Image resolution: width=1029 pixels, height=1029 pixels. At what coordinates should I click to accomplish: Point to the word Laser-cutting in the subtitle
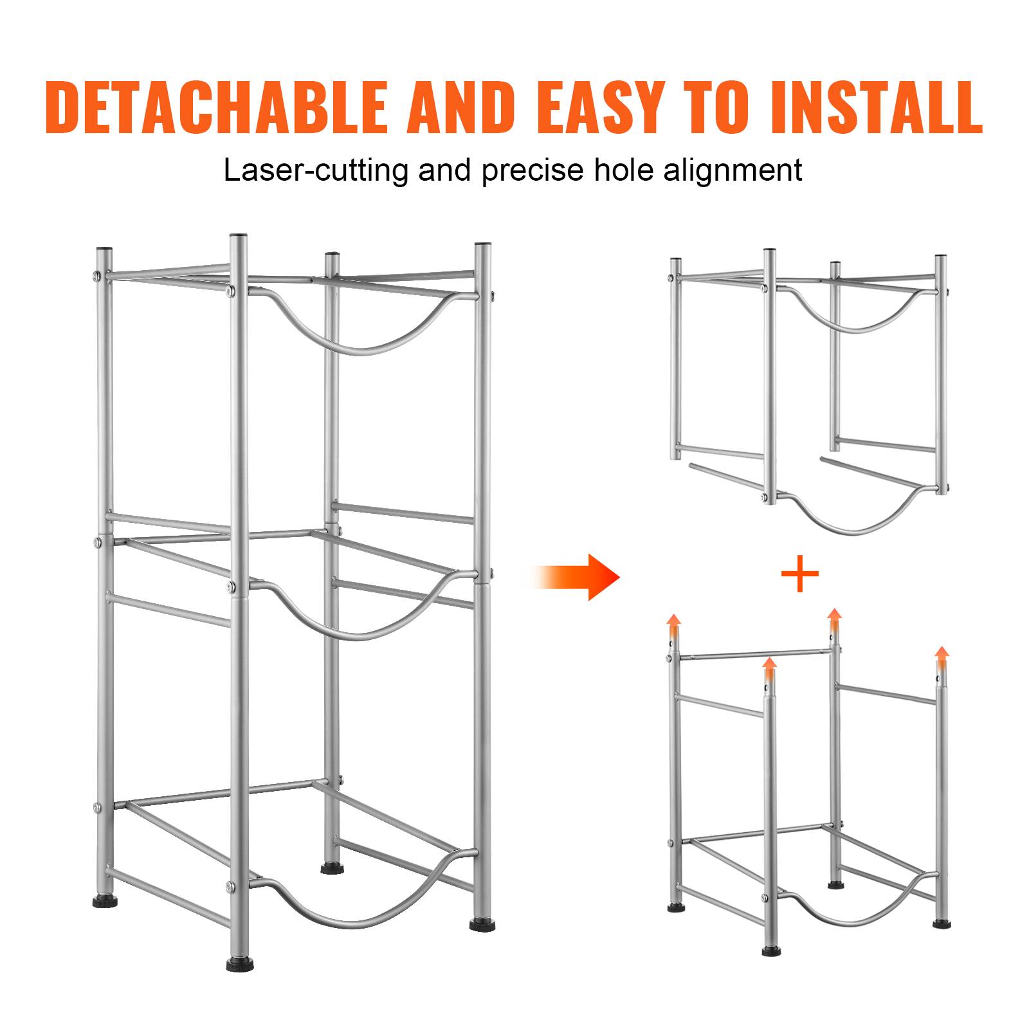tap(316, 171)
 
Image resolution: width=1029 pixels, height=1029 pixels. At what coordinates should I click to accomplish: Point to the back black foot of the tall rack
tap(331, 869)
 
